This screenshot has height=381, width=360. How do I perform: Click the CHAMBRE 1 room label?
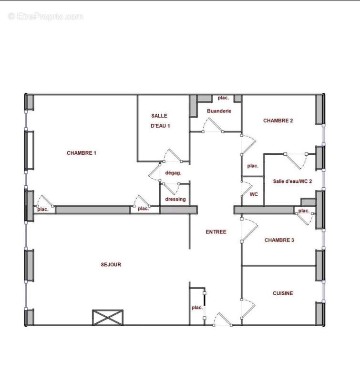[81, 153]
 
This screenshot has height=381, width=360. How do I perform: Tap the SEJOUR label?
[111, 264]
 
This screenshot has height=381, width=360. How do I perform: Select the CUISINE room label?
[283, 293]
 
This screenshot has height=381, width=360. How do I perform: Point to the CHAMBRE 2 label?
[278, 121]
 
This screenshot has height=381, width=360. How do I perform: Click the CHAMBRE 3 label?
[279, 240]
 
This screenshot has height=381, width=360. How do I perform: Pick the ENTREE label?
[216, 232]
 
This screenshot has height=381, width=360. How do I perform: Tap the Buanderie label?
[219, 111]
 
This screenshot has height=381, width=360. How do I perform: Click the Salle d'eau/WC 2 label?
[292, 181]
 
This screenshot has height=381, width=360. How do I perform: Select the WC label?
[254, 194]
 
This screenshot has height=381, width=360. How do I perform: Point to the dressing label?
[175, 199]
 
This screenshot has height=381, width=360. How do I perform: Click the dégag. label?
[173, 173]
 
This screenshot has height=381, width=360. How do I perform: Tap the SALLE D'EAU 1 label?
[160, 121]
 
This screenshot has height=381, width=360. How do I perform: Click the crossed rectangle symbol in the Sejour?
[108, 317]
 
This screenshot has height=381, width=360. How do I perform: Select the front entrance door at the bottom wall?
[221, 320]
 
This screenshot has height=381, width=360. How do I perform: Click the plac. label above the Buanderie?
[223, 98]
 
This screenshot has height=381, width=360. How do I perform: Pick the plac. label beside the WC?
[252, 166]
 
